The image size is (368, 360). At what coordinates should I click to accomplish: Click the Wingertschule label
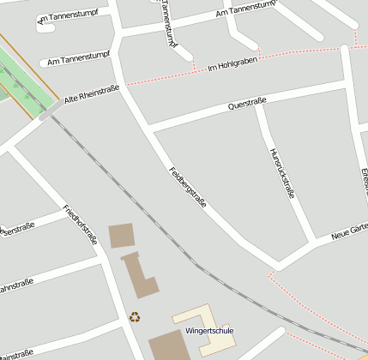[208, 330]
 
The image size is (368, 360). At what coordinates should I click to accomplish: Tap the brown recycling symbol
[135, 317]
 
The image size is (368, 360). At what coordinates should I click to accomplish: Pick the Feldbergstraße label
[188, 186]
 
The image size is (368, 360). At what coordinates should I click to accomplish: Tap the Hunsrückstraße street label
[282, 173]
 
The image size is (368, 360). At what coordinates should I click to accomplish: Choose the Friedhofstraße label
[81, 225]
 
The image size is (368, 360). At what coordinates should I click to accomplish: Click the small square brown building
[121, 235]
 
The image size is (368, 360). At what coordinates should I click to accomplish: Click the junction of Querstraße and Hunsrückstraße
[258, 106]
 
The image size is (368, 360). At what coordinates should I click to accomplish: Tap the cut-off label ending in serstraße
[17, 229]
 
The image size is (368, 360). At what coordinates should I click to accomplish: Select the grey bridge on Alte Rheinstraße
[48, 112]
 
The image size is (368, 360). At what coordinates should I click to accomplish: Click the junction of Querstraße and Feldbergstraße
[150, 129]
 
